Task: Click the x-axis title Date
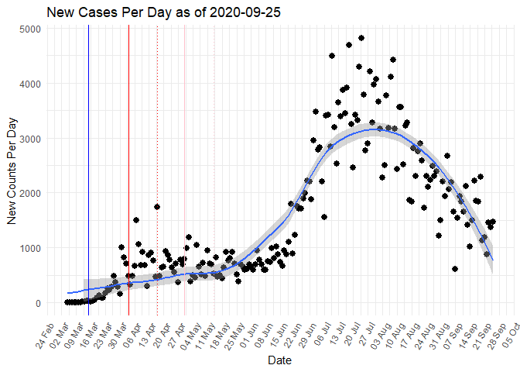pyautogui.click(x=279, y=360)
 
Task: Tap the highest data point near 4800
pyautogui.click(x=361, y=38)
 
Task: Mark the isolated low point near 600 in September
pyautogui.click(x=455, y=269)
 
